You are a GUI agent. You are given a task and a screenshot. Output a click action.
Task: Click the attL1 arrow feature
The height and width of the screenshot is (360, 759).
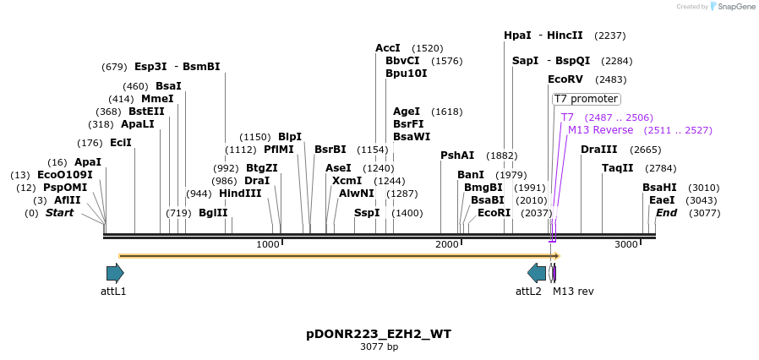pyautogui.click(x=115, y=273)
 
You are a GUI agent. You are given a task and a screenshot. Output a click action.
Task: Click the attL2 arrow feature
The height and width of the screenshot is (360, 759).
pyautogui.click(x=537, y=273)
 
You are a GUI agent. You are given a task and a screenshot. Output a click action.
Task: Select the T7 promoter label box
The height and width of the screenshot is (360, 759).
pyautogui.click(x=586, y=99)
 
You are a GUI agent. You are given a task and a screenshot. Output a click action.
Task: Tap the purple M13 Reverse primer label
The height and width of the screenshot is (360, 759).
pyautogui.click(x=600, y=130)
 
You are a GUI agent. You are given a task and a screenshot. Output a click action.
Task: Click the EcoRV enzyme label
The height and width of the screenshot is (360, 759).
pyautogui.click(x=565, y=79)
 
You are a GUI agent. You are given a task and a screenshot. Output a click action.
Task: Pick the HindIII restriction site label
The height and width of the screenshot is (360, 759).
pyautogui.click(x=240, y=194)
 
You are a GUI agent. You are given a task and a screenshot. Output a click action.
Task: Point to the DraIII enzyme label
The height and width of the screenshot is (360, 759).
pyautogui.click(x=598, y=150)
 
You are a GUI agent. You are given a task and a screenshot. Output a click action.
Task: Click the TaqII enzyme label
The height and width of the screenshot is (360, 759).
pyautogui.click(x=617, y=168)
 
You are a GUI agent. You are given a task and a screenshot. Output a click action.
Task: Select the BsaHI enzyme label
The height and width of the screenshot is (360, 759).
pyautogui.click(x=659, y=188)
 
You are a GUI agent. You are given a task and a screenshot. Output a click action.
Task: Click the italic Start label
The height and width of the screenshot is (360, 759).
pyautogui.click(x=59, y=213)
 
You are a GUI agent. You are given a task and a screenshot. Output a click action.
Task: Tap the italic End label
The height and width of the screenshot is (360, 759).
pyautogui.click(x=666, y=213)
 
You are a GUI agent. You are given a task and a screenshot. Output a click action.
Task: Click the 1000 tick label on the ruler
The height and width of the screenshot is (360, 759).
pyautogui.click(x=267, y=244)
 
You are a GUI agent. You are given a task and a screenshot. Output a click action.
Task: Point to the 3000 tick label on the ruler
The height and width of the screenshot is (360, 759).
pyautogui.click(x=625, y=244)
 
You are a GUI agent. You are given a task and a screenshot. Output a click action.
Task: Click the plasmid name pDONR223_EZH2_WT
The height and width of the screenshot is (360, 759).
pyautogui.click(x=379, y=334)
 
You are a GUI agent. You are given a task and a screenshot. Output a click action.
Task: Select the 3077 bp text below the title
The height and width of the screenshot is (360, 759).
pyautogui.click(x=379, y=346)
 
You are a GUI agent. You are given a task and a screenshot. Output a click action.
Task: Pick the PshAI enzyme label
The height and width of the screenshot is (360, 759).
pyautogui.click(x=457, y=155)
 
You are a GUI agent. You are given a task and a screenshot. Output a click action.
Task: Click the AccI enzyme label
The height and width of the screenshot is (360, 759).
pyautogui.click(x=388, y=48)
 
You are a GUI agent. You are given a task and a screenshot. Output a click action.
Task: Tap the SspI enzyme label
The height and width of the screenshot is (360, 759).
pyautogui.click(x=367, y=213)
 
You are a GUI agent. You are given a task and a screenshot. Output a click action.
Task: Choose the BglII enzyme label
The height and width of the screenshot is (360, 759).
pyautogui.click(x=213, y=213)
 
